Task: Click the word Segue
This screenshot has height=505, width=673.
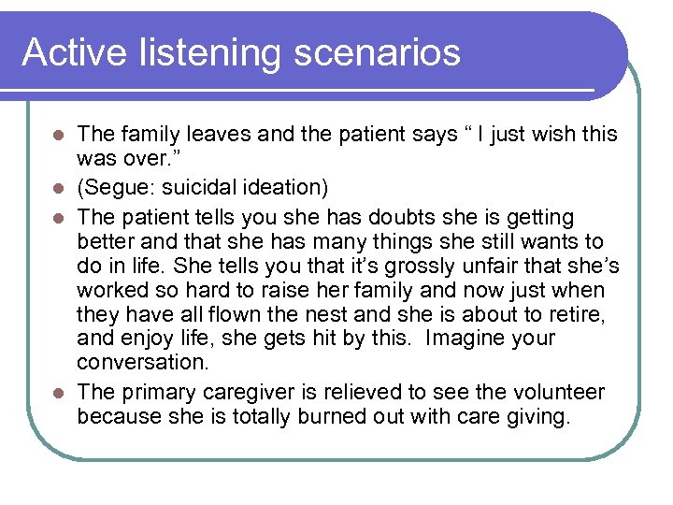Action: [x=114, y=188]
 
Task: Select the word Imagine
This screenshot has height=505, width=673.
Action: [x=463, y=339]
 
